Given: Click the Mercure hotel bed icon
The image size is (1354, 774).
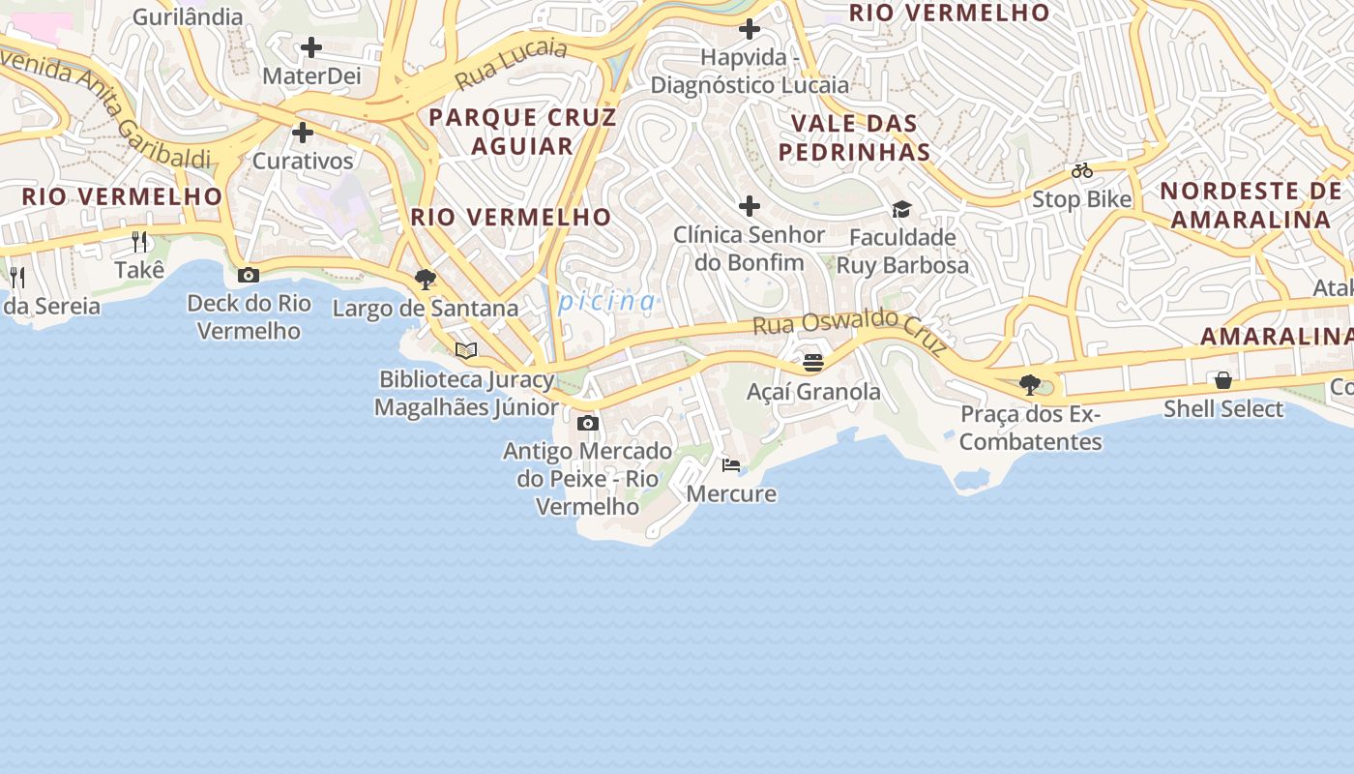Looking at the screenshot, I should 731,465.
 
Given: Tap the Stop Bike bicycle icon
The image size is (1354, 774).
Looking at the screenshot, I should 1082,171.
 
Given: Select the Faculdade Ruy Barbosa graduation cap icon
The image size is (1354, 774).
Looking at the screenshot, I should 901,209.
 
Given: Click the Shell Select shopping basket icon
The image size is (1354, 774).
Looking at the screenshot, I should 1223,380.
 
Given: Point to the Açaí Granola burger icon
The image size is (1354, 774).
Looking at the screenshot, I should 813,363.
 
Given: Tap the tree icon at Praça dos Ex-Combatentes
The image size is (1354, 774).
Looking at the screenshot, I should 1030,385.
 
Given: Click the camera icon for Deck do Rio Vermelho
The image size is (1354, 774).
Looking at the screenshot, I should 249,275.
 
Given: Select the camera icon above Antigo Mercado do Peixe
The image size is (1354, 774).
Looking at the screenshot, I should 587,423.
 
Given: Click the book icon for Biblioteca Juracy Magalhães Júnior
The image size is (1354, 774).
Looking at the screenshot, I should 466,350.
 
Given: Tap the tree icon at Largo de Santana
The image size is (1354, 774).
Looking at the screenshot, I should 425,280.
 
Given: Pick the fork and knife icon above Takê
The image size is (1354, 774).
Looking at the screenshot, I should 140,242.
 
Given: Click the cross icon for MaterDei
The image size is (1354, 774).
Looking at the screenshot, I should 311,46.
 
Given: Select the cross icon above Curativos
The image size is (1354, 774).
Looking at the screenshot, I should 303,133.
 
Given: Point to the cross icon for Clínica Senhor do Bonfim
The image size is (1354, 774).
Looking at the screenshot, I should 750,206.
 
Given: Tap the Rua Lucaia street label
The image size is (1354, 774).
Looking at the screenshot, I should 511,63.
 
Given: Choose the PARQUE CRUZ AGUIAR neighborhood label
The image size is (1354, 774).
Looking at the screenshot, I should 522,132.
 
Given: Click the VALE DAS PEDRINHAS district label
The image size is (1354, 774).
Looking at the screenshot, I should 854,137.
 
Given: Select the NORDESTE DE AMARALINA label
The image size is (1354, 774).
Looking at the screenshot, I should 1251,204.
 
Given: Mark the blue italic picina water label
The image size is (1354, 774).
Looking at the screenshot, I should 607,302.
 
